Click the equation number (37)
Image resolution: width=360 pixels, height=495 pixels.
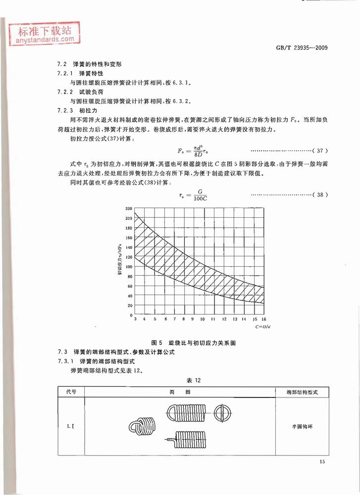click(x=320, y=150)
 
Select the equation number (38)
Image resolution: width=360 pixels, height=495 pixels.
click(x=320, y=195)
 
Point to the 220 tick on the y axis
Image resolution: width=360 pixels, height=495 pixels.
click(x=129, y=209)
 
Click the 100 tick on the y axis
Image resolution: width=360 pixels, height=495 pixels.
click(x=129, y=267)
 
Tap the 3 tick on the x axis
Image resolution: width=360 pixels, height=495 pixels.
click(x=135, y=320)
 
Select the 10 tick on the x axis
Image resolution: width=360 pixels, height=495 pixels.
click(x=203, y=320)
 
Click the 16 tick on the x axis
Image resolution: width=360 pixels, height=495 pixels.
click(x=264, y=320)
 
